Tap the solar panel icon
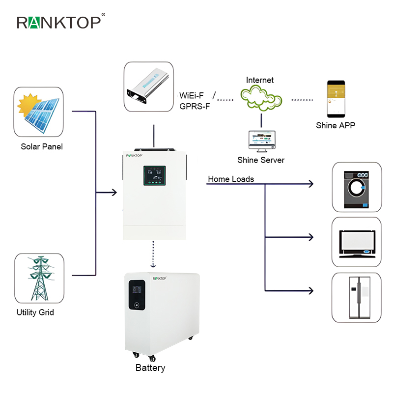click(x=38, y=112)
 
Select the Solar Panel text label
click(x=42, y=146)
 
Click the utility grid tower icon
click(x=39, y=278)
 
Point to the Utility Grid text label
click(x=35, y=312)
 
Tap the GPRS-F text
click(x=195, y=106)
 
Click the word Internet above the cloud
click(x=260, y=80)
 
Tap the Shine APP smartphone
click(x=335, y=100)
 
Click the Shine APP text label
click(x=336, y=125)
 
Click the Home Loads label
click(x=231, y=179)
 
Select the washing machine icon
click(x=357, y=186)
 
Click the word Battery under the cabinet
click(x=150, y=368)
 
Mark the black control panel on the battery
click(x=137, y=295)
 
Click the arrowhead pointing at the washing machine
click(x=310, y=184)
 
